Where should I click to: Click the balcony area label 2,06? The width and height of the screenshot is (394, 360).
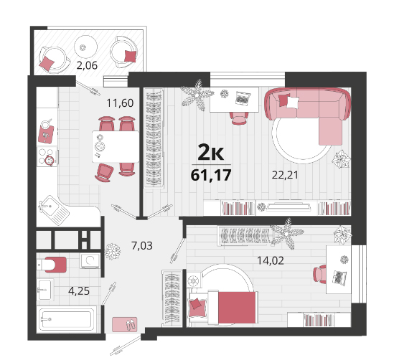pyautogui.click(x=87, y=65)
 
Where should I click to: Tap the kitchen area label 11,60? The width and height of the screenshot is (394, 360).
pyautogui.click(x=120, y=103)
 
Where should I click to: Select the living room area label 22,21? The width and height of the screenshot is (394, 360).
pyautogui.click(x=285, y=175)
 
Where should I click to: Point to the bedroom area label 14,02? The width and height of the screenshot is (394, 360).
pyautogui.click(x=271, y=260)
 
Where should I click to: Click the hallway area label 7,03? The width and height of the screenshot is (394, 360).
pyautogui.click(x=142, y=245)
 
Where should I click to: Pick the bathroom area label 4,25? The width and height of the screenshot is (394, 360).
pyautogui.click(x=79, y=291)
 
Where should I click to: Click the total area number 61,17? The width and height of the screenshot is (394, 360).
pyautogui.click(x=211, y=175)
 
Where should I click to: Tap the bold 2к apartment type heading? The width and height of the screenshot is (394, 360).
pyautogui.click(x=210, y=152)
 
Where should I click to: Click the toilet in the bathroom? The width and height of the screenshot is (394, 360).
pyautogui.click(x=52, y=265)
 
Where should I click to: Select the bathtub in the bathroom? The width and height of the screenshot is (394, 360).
pyautogui.click(x=67, y=320)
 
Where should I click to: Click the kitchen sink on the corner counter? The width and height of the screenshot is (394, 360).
pyautogui.click(x=54, y=210)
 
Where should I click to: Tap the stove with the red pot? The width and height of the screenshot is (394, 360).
pyautogui.click(x=47, y=157)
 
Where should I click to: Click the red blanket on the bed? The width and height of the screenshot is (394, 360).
pyautogui.click(x=237, y=307)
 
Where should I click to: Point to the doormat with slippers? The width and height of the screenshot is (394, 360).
pyautogui.click(x=125, y=324)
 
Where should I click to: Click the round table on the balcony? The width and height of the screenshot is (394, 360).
pyautogui.click(x=85, y=47)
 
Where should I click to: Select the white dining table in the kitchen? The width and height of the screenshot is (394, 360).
pyautogui.click(x=116, y=146)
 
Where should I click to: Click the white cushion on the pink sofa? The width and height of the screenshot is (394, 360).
pyautogui.click(x=293, y=103)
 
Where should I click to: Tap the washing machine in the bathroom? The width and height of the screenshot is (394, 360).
pyautogui.click(x=90, y=261)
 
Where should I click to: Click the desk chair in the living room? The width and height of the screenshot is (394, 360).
pyautogui.click(x=239, y=118)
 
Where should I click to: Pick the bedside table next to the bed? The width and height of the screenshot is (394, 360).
pyautogui.click(x=194, y=280)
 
